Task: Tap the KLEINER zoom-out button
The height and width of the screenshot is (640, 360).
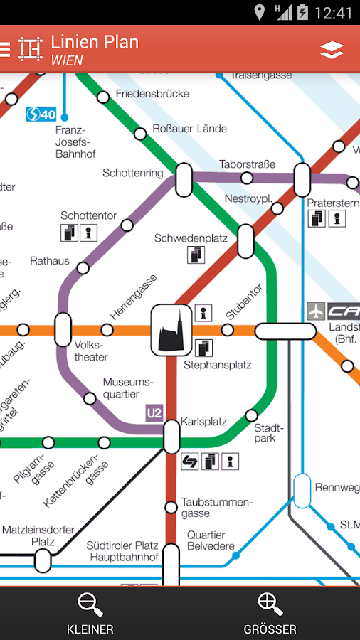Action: click(90, 613)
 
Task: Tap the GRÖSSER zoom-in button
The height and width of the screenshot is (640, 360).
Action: click(270, 613)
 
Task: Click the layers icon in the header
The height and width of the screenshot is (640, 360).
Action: click(332, 50)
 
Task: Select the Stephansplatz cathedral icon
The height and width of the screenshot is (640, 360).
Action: click(172, 329)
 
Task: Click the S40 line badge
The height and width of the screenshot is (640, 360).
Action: click(41, 114)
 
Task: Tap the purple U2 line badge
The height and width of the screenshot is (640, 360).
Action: click(154, 412)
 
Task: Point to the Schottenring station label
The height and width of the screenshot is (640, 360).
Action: click(133, 173)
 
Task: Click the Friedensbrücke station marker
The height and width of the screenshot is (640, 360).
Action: click(103, 97)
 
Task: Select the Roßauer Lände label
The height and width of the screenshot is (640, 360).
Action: click(190, 129)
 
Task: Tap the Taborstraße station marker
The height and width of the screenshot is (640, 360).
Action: click(247, 178)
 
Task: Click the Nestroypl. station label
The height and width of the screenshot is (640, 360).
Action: click(248, 198)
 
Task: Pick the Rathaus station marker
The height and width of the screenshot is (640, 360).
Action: click(83, 268)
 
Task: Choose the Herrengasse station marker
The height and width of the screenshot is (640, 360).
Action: click(107, 330)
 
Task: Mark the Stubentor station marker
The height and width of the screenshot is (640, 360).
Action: click(228, 330)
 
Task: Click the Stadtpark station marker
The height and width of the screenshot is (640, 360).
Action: click(251, 415)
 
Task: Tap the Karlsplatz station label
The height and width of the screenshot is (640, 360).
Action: click(204, 422)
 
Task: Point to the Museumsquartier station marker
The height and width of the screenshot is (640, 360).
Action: click(90, 398)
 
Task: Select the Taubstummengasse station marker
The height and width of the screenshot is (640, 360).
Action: click(171, 507)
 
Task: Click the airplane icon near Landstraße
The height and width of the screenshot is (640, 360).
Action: click(316, 311)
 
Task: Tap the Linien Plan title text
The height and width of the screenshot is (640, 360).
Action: click(95, 42)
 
